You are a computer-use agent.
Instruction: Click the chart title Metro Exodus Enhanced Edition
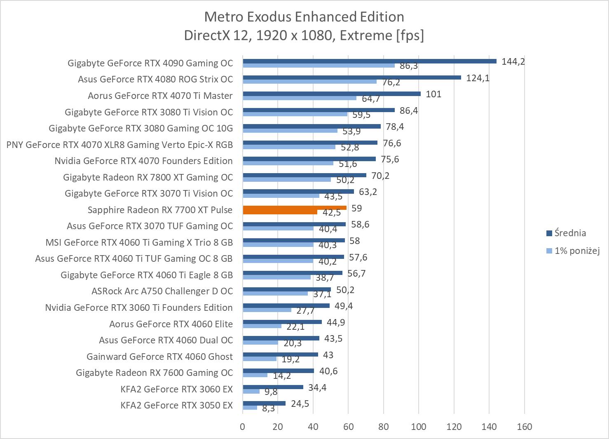coord(304,17)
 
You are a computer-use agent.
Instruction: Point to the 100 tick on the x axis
coord(419,427)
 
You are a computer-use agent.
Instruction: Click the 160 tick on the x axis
coord(524,427)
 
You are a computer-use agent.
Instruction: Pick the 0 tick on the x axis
coord(243,427)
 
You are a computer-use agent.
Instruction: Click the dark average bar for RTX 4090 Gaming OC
coord(369,61)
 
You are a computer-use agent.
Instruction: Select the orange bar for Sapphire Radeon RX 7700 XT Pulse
coord(294,208)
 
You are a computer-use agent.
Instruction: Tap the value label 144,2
coord(513,62)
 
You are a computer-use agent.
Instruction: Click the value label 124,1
coord(478,78)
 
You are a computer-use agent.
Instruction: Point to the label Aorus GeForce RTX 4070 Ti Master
coord(160,96)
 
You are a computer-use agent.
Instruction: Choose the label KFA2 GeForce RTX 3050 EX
coord(176,405)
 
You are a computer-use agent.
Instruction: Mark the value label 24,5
coord(300,404)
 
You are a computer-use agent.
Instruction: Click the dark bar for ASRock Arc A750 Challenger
coord(287,289)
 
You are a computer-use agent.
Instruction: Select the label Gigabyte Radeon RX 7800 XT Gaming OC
coord(148,177)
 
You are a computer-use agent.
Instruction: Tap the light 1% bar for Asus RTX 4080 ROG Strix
coord(309,81)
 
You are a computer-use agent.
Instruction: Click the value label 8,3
coord(268,408)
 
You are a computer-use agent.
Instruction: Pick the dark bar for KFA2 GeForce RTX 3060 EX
coord(273,387)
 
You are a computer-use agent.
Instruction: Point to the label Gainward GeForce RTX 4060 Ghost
coord(159,357)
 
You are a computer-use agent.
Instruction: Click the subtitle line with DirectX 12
coord(304,35)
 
